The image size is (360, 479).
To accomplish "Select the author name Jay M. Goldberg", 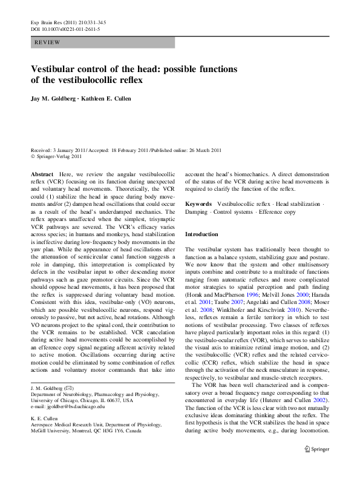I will coord(54,99).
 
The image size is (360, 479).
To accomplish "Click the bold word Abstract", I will coord(42,173).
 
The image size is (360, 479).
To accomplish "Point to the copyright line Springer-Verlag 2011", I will coord(59,156).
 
